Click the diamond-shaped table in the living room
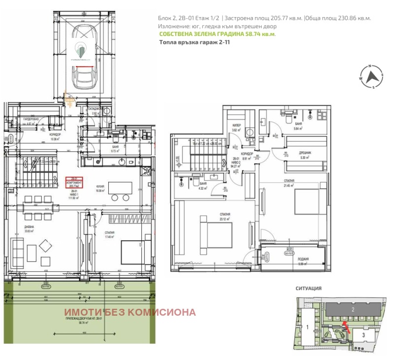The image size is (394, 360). [46, 246]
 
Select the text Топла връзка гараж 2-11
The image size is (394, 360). [195, 43]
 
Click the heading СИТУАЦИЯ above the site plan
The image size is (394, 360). [308, 288]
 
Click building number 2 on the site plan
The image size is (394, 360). [353, 309]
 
